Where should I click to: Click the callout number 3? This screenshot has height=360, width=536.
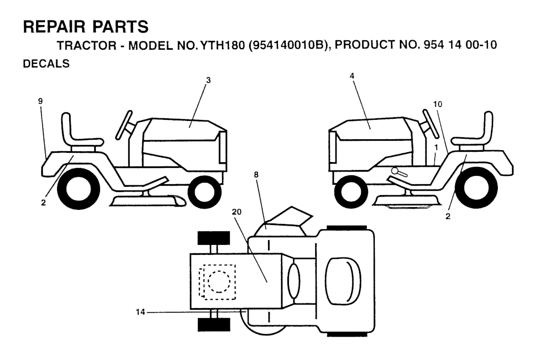click(x=208, y=80)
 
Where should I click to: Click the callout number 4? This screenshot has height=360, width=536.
click(x=352, y=76)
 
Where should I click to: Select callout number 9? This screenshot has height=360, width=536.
click(x=41, y=101)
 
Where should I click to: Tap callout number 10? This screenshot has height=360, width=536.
click(x=438, y=104)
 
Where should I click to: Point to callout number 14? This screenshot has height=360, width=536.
click(x=140, y=312)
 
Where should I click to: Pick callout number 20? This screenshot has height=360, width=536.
click(x=237, y=212)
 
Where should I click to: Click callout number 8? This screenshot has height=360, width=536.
click(x=256, y=175)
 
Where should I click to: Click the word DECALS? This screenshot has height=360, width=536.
click(x=46, y=64)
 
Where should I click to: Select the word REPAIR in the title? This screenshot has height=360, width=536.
click(x=54, y=27)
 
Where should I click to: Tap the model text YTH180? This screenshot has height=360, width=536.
click(x=224, y=45)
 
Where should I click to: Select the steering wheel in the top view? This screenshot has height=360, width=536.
click(x=294, y=281)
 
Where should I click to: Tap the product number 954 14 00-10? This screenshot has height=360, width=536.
click(x=460, y=45)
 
